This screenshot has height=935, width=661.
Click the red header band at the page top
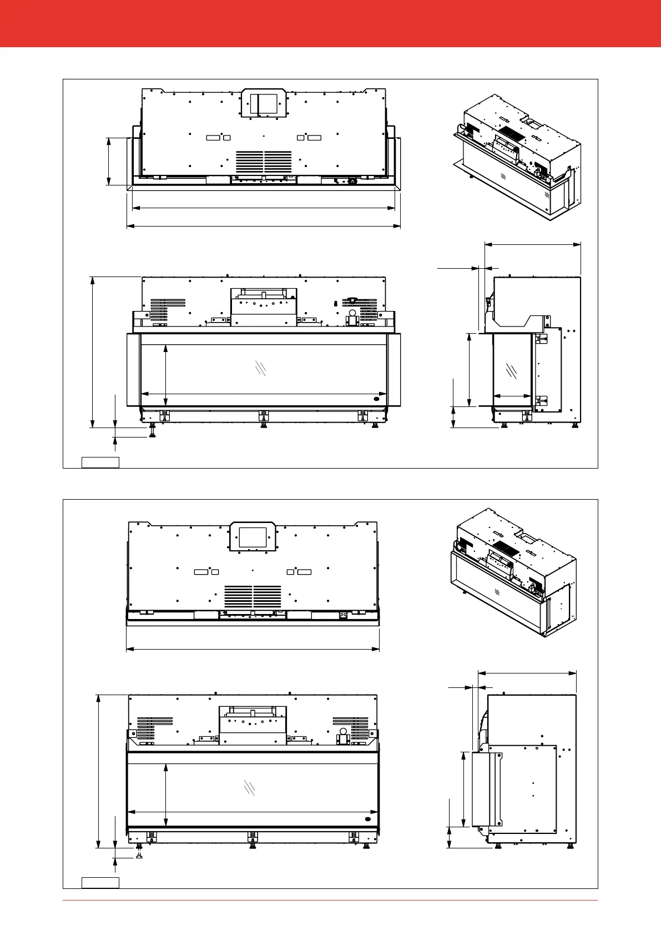click(x=330, y=23)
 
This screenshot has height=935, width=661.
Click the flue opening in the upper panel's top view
click(x=263, y=104)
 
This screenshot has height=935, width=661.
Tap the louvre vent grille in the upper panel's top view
click(x=264, y=161)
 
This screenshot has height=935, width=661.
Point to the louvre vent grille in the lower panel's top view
click(x=253, y=596)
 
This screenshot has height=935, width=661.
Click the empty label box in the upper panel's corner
click(x=100, y=462)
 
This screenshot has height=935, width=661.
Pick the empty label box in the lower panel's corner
click(x=100, y=882)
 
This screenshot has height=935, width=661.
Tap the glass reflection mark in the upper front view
click(x=260, y=368)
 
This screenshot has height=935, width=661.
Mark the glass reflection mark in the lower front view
click(x=250, y=787)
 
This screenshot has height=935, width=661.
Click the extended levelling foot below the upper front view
click(x=152, y=431)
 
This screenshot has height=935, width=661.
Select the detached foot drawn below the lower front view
click(x=139, y=856)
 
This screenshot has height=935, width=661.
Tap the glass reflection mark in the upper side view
click(x=512, y=371)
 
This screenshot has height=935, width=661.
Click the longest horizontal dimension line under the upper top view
click(x=264, y=226)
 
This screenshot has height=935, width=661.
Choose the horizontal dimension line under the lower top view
click(x=253, y=648)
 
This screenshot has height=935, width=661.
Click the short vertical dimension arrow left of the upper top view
click(x=109, y=161)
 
